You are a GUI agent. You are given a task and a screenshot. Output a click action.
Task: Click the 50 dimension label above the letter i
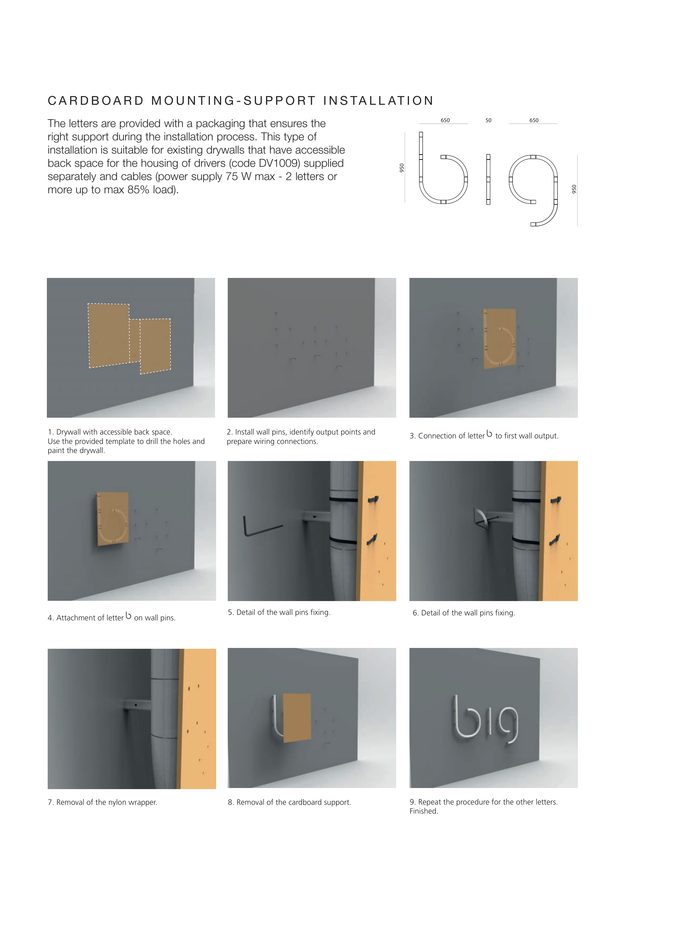(x=488, y=120)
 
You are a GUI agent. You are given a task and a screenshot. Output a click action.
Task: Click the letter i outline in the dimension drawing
(x=488, y=179)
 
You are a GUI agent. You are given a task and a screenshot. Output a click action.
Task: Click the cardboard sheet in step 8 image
(x=297, y=718)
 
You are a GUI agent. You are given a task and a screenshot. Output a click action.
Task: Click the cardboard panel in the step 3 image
(x=499, y=338)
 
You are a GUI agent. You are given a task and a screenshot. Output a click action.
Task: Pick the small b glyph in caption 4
(x=128, y=616)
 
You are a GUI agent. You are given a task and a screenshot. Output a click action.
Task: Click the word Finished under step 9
(x=424, y=811)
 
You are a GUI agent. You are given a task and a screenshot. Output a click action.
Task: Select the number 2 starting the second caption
(x=229, y=432)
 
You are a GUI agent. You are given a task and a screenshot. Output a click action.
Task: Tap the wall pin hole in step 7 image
(x=136, y=705)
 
